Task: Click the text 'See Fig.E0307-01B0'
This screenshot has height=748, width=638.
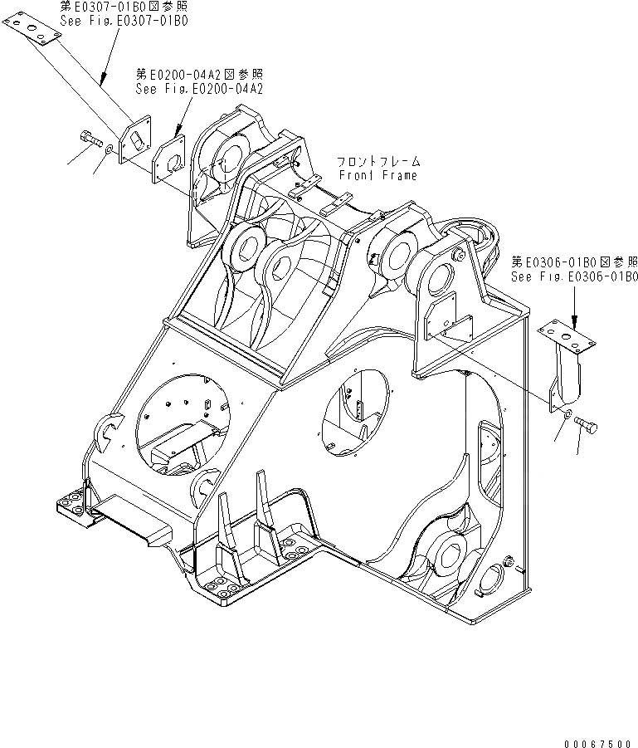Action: pyautogui.click(x=123, y=21)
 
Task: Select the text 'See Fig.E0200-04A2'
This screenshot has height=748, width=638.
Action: pyautogui.click(x=199, y=89)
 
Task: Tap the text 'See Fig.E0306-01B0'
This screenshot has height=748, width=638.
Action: pyautogui.click(x=574, y=276)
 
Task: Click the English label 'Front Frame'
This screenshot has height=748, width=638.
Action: pyautogui.click(x=378, y=175)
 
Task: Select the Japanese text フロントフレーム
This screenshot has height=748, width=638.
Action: pyautogui.click(x=378, y=162)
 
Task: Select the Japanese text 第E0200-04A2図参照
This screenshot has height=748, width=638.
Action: pyautogui.click(x=199, y=75)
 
